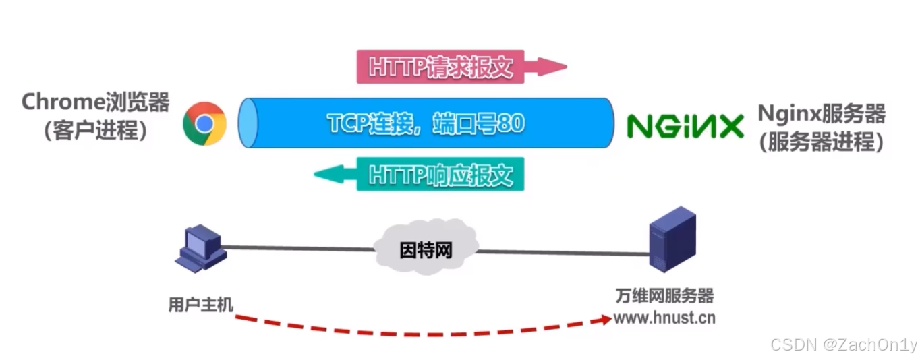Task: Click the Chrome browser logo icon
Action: [204, 123]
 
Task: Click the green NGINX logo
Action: [685, 126]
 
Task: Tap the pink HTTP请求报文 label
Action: [440, 67]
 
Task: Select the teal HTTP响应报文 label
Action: [440, 175]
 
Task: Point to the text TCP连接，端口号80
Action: [426, 123]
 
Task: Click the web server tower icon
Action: [671, 239]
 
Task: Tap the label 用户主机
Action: [200, 305]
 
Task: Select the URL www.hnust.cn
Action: [664, 318]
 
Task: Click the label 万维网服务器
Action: [664, 297]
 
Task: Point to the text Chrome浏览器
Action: [95, 102]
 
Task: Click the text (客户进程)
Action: [95, 131]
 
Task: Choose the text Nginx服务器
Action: [821, 113]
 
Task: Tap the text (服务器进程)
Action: [821, 142]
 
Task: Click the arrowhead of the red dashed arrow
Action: [602, 320]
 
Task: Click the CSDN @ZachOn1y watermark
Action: [843, 344]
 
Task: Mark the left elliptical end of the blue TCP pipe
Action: [249, 123]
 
